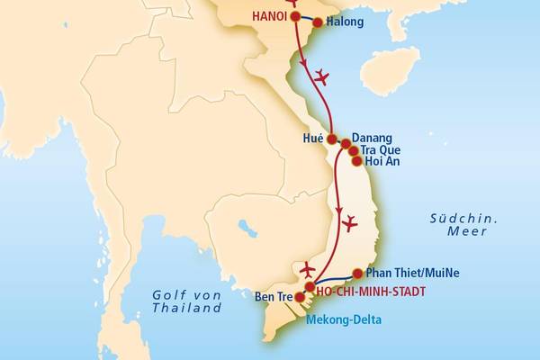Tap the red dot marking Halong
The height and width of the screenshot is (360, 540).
point(317,22)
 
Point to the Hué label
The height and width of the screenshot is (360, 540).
point(313,139)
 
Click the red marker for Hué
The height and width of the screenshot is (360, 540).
point(332,139)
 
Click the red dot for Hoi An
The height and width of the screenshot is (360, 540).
point(356,161)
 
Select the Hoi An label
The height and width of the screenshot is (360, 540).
point(382,162)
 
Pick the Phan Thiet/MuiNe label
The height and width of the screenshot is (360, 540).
point(413,274)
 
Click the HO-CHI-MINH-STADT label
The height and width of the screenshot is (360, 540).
point(371,291)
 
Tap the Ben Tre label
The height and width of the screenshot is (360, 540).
point(274,296)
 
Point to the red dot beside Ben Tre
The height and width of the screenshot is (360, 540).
point(300,296)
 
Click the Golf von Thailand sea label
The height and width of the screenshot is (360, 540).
point(186,301)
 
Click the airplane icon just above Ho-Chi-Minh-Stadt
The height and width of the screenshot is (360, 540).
point(308,269)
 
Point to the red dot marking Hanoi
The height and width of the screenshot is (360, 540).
point(294,16)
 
